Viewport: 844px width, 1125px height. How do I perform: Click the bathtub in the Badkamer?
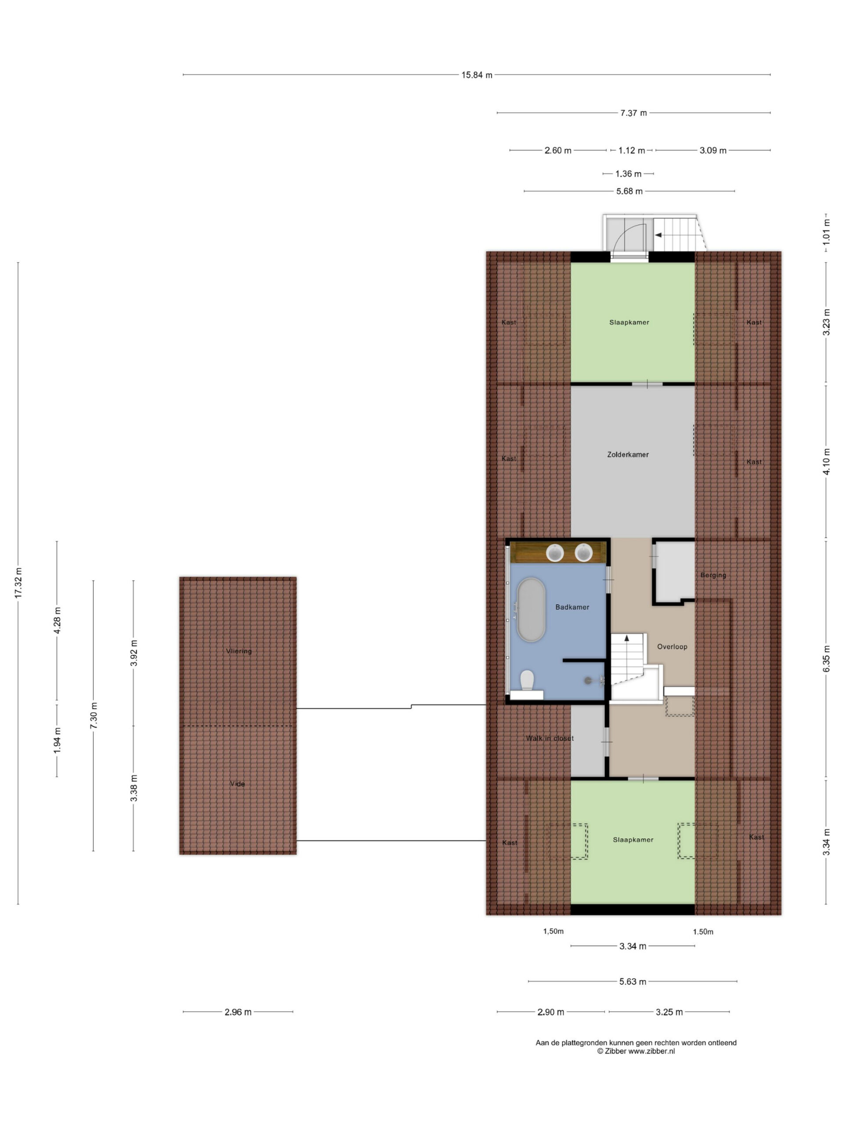tap(531, 609)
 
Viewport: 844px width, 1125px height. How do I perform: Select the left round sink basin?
tap(554, 552)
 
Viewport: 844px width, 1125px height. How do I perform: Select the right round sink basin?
tap(583, 552)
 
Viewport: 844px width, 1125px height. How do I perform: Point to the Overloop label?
tap(672, 646)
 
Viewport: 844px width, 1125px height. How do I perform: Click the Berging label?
tap(713, 575)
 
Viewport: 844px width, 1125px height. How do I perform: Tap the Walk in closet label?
tap(549, 738)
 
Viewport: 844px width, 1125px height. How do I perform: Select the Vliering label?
tap(239, 651)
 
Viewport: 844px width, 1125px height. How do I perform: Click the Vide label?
tap(237, 784)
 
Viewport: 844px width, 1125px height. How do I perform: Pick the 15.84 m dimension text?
tap(477, 75)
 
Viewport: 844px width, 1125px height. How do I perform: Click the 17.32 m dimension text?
tap(18, 582)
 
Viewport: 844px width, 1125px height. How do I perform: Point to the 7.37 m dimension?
tap(633, 113)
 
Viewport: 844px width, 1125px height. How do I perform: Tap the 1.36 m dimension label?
tap(628, 174)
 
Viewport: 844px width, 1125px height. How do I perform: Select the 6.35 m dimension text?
tap(827, 659)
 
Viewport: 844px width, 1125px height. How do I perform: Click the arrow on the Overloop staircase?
tap(627, 637)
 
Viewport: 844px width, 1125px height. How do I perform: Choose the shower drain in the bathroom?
tap(588, 679)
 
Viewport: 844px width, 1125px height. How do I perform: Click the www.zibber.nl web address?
tap(651, 1051)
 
